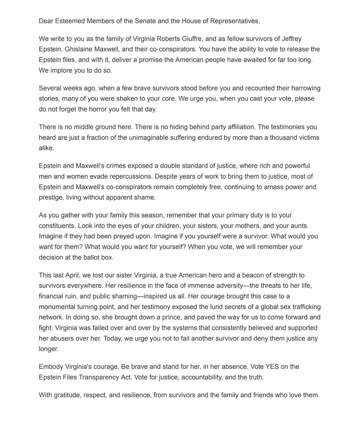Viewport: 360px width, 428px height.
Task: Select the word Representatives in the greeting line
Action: click(x=235, y=21)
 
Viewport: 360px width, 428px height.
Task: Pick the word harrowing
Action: click(x=305, y=88)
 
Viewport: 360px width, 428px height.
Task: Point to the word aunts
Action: click(x=300, y=226)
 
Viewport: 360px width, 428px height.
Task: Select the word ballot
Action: click(x=91, y=257)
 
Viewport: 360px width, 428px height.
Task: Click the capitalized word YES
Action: click(x=272, y=366)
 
